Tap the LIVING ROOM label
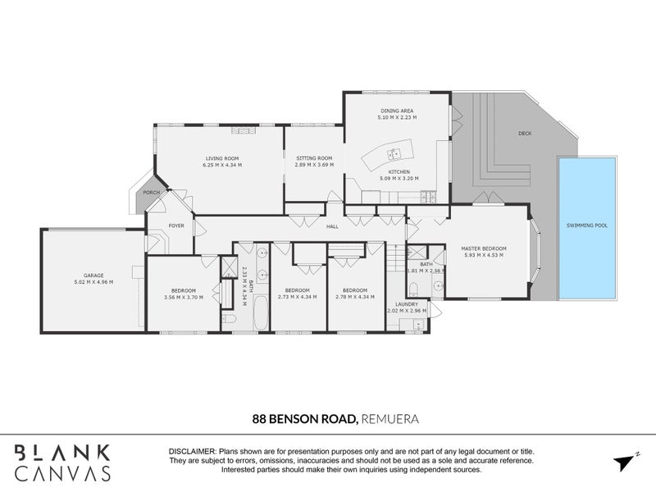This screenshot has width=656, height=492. tap(221, 158)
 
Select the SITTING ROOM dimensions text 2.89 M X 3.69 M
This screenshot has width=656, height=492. tap(313, 165)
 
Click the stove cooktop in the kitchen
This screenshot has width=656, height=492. tap(427, 195)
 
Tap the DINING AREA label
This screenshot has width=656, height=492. tap(397, 111)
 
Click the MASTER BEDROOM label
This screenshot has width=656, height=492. tap(485, 248)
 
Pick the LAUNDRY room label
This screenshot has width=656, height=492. tap(407, 304)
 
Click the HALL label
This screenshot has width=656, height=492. tap(332, 226)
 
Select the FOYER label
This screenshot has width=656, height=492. tap(176, 225)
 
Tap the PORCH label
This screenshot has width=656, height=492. tap(151, 193)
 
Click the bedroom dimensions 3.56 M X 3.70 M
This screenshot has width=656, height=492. tap(183, 297)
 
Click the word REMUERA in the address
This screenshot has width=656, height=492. tap(390, 419)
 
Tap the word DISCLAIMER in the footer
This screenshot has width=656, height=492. tap(191, 452)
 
